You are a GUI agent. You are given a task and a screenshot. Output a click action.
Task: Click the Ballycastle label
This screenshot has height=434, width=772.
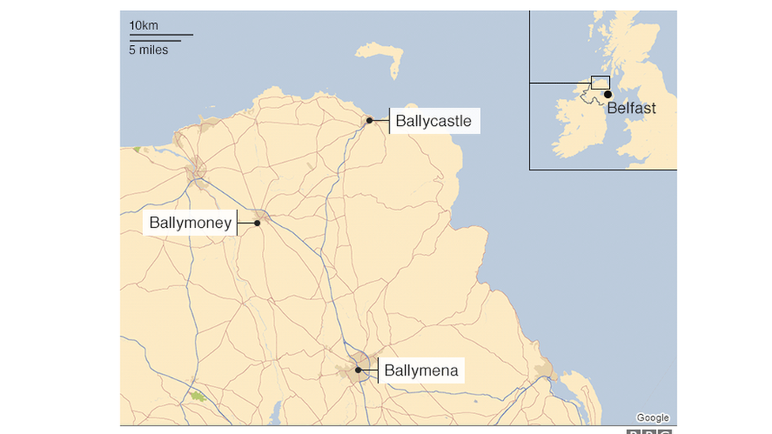[433, 121]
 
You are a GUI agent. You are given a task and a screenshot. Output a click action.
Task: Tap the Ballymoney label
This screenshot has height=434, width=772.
[191, 223]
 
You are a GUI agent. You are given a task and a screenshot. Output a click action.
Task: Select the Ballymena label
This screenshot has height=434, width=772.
[421, 370]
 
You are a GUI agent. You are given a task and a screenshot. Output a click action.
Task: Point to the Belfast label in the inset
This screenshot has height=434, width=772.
[631, 108]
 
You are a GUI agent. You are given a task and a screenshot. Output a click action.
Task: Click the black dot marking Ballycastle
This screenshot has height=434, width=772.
[369, 121]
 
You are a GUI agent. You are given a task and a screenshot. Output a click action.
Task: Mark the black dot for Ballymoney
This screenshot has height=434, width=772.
[257, 223]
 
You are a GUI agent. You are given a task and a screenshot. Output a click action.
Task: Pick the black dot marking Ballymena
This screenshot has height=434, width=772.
[358, 369]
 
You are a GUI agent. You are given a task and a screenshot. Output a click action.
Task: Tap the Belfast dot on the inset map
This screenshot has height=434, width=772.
[607, 95]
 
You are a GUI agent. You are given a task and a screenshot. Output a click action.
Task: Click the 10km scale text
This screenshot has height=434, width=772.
[144, 25]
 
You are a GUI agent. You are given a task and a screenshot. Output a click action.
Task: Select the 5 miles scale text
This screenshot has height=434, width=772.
[149, 50]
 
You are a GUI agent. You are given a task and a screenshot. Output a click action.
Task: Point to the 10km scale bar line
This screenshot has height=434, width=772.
[161, 35]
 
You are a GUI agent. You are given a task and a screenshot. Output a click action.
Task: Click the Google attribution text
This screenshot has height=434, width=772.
[653, 417]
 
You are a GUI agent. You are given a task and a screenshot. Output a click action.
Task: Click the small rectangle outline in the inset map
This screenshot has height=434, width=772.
[600, 83]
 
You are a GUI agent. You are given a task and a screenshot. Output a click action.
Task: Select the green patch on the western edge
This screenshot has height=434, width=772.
[137, 149]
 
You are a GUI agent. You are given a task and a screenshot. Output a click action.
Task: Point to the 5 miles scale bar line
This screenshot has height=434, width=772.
[155, 40]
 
